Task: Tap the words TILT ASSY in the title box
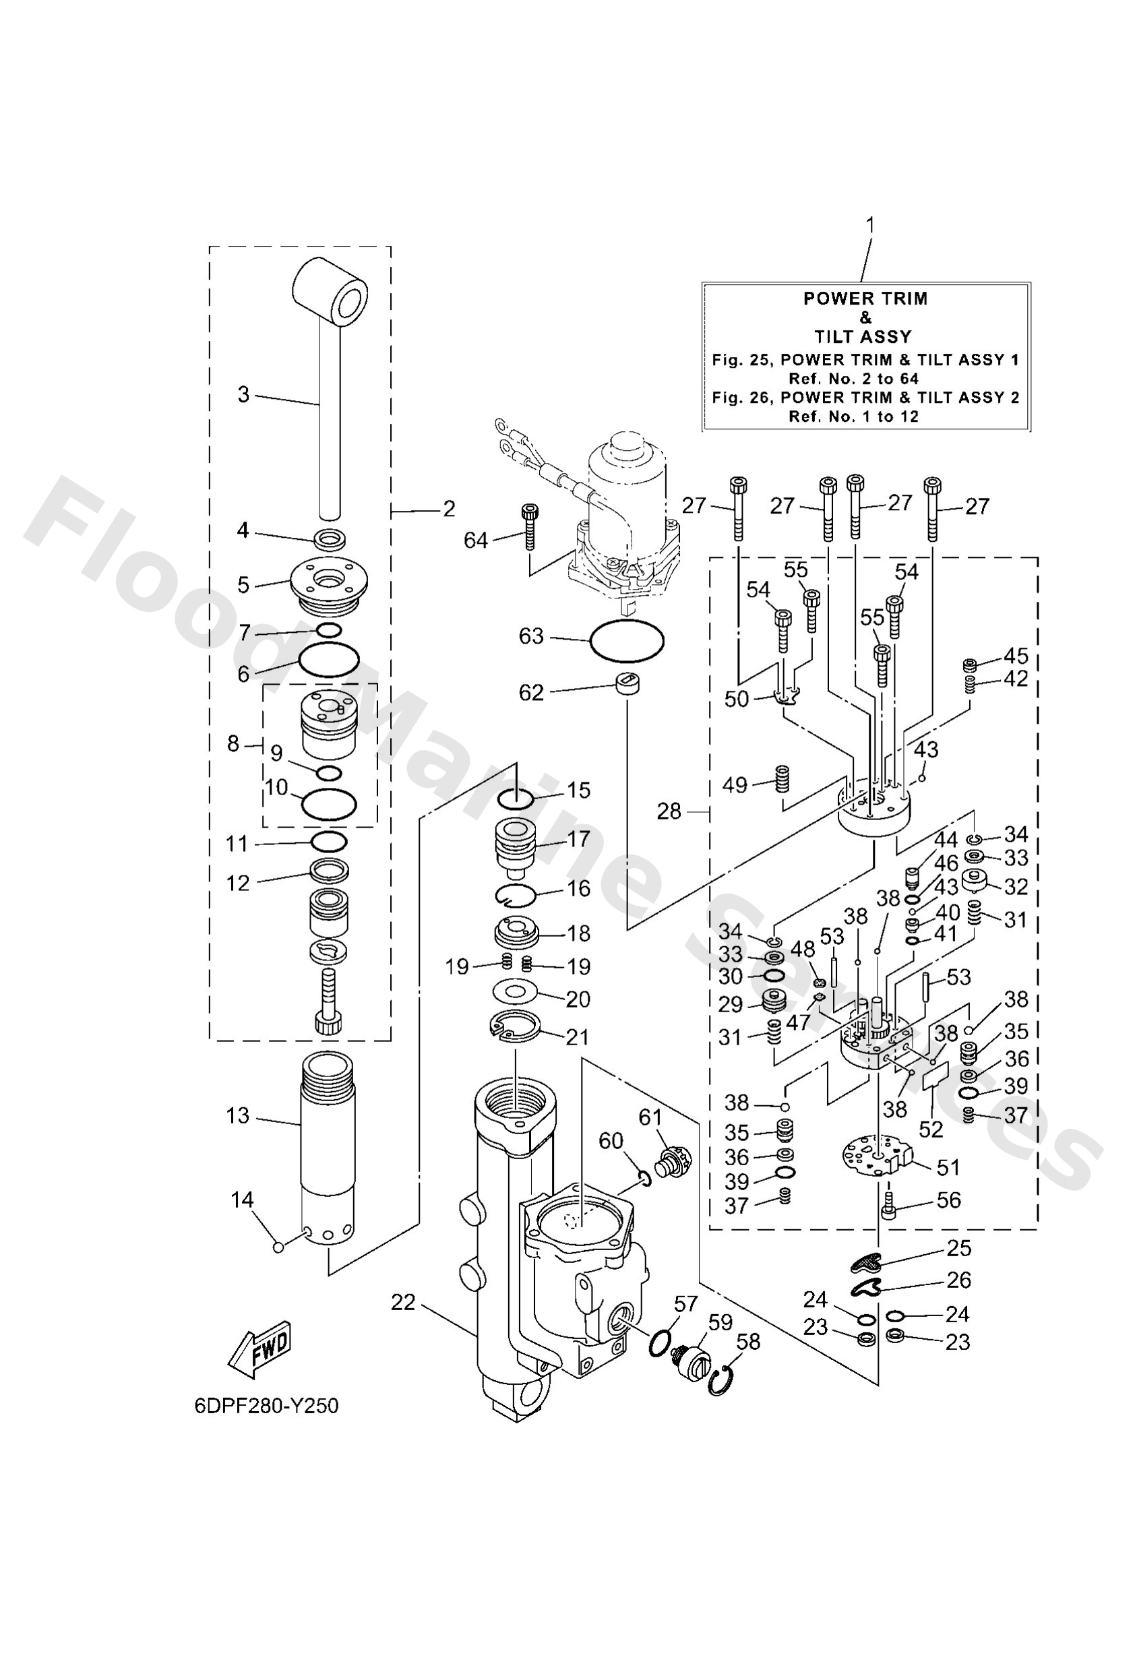(x=862, y=337)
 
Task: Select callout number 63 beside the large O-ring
(x=531, y=637)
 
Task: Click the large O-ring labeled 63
(x=626, y=639)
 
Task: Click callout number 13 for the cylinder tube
(x=237, y=1116)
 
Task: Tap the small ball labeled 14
(x=278, y=1247)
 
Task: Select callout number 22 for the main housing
(x=403, y=1302)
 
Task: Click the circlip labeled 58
(x=722, y=1383)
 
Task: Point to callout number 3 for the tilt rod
(x=243, y=394)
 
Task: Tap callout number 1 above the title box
(x=869, y=225)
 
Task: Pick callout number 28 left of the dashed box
(x=669, y=811)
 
